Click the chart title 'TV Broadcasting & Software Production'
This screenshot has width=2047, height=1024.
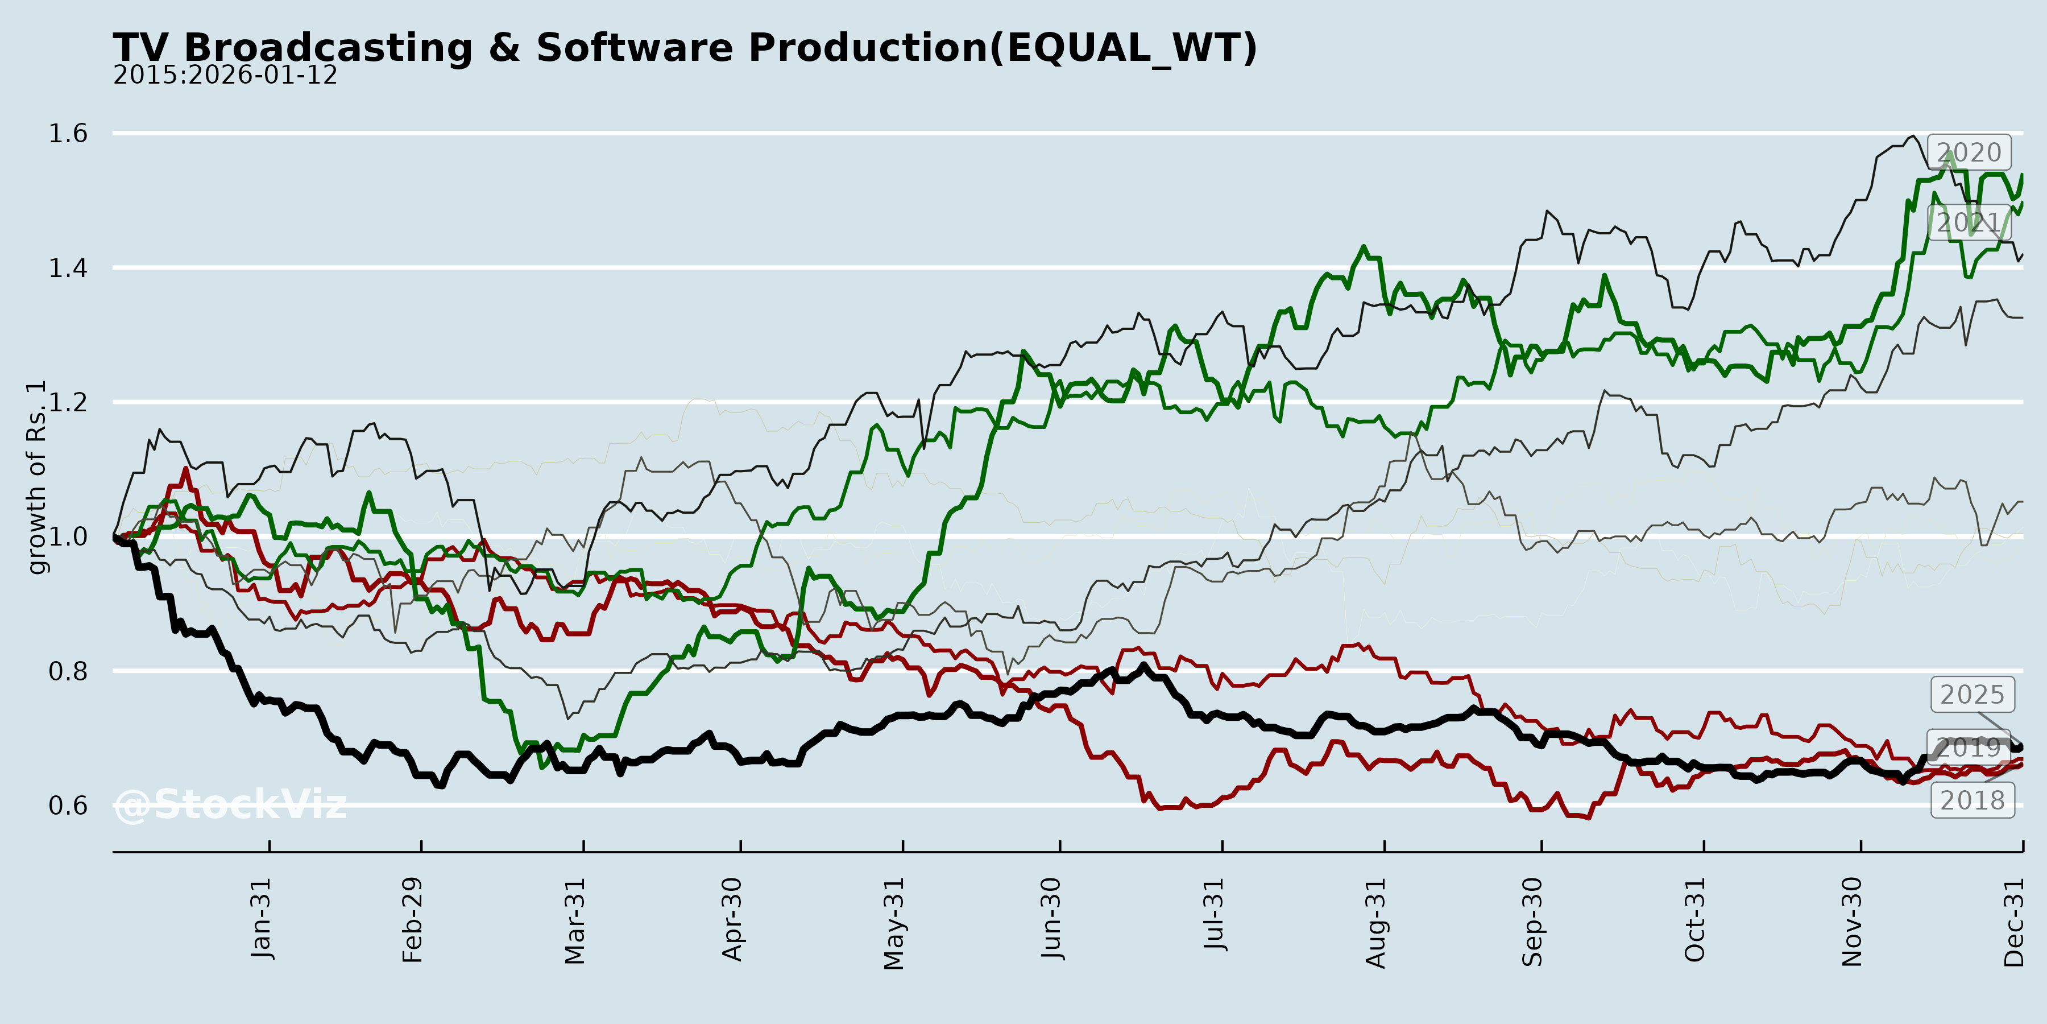(683, 48)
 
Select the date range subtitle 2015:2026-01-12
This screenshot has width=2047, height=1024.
(225, 76)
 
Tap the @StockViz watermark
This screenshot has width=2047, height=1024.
(230, 804)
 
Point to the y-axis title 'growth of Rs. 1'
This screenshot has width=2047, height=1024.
(36, 477)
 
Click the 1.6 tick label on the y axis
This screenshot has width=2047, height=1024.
(68, 134)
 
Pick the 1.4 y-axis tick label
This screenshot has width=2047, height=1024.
(68, 268)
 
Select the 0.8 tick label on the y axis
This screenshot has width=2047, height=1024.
(68, 671)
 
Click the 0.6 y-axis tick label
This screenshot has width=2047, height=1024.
(68, 806)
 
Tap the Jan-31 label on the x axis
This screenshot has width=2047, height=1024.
(260, 918)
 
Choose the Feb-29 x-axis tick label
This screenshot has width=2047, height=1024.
(412, 920)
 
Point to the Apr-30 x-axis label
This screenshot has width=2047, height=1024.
(732, 919)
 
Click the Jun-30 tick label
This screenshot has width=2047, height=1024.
(1051, 918)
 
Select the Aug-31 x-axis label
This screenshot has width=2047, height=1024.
(1375, 922)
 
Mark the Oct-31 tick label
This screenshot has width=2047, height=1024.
(1695, 920)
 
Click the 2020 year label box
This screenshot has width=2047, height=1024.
(1969, 152)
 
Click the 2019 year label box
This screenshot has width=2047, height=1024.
(1969, 748)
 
